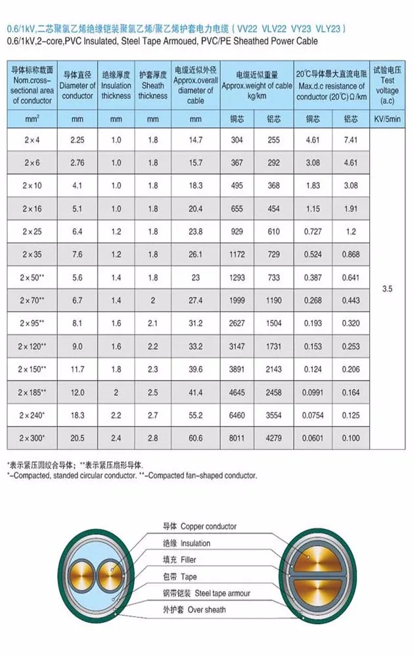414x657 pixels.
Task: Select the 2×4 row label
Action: [x=32, y=140]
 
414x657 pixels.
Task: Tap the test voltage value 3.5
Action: [x=386, y=288]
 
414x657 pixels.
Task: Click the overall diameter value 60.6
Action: [x=195, y=438]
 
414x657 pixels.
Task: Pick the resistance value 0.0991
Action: [x=311, y=392]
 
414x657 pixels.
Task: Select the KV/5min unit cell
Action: [x=386, y=120]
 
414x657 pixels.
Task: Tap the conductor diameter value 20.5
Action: [x=77, y=438]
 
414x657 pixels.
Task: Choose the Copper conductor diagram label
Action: [x=199, y=526]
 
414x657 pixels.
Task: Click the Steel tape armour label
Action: [x=206, y=593]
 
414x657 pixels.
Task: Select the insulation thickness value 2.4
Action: [x=116, y=438]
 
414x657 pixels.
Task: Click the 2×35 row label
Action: [x=32, y=254]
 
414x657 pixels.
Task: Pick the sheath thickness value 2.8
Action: [x=152, y=438]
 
